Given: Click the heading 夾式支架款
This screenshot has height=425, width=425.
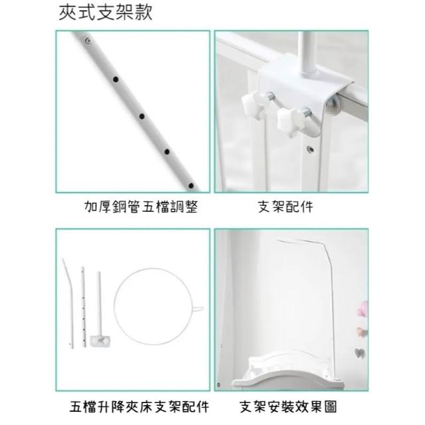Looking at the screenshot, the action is (x=106, y=13).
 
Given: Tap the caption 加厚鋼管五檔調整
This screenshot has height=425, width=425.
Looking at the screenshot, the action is (x=141, y=207).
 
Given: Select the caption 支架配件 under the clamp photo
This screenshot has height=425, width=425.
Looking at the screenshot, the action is (x=286, y=207).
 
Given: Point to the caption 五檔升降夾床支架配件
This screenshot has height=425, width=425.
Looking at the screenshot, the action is (x=139, y=406).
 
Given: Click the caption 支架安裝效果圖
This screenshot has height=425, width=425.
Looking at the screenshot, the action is (x=288, y=406).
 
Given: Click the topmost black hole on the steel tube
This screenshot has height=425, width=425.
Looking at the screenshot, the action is (x=116, y=80).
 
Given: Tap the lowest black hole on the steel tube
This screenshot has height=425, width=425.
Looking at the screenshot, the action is (x=191, y=186).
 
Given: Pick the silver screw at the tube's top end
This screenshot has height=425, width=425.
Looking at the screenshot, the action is (x=88, y=41).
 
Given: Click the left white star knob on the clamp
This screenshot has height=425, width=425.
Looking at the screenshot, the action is (x=254, y=106).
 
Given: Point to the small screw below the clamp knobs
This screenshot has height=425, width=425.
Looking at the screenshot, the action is (x=311, y=149).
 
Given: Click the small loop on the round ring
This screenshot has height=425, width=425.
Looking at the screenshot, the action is (x=198, y=309).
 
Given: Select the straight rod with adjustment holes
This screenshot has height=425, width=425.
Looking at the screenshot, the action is (x=84, y=307).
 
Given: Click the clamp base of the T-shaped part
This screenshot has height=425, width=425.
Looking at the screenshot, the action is (x=100, y=341).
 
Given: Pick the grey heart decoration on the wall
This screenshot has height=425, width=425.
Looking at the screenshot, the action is (x=360, y=353).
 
